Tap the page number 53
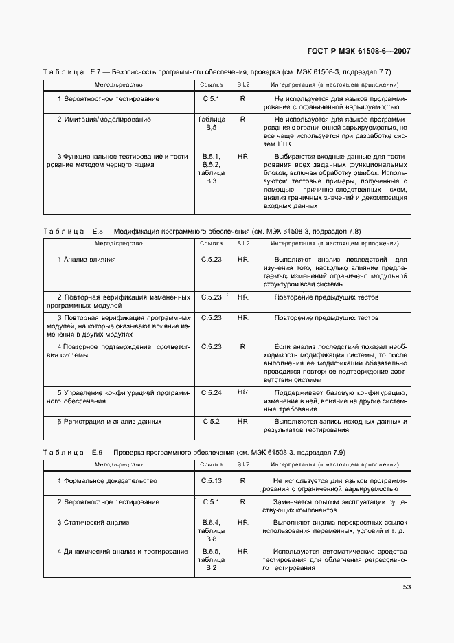[x=406, y=587]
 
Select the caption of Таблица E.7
[x=217, y=71]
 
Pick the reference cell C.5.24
[x=211, y=392]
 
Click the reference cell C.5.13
[x=211, y=481]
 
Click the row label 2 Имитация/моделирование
[x=103, y=120]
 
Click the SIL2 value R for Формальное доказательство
[x=242, y=481]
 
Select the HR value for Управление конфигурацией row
[x=242, y=392]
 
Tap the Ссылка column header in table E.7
[x=211, y=84]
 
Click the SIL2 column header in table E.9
[x=242, y=465]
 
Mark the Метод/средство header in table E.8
[x=118, y=243]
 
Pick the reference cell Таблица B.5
[x=211, y=124]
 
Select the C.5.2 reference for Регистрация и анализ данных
[x=211, y=421]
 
